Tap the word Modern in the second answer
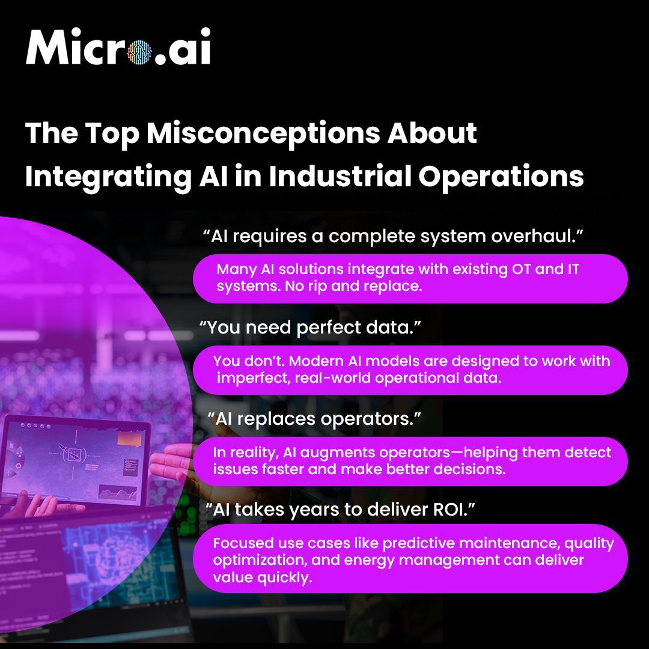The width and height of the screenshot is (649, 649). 289,361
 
